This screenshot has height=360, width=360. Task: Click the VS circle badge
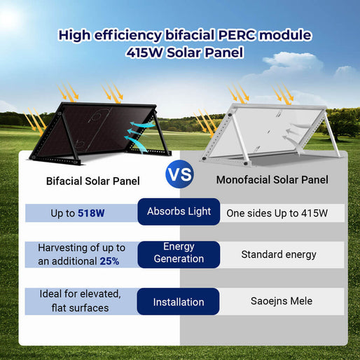click(x=180, y=174)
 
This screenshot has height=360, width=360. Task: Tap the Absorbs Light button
click(x=179, y=212)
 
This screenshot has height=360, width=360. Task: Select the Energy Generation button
click(x=179, y=253)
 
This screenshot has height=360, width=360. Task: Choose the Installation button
click(x=179, y=302)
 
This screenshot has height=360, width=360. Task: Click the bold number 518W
click(x=91, y=212)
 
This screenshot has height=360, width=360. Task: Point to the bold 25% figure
click(x=109, y=261)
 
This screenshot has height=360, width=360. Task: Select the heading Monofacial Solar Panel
click(x=272, y=180)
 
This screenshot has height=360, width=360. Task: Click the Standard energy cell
click(x=279, y=254)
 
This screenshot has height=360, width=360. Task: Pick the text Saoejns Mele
click(x=282, y=301)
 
